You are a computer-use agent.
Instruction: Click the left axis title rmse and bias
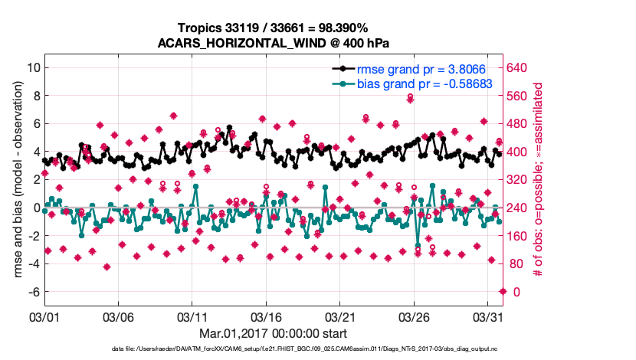17,180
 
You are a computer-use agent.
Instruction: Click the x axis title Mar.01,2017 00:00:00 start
273,333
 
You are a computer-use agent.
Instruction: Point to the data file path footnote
273,350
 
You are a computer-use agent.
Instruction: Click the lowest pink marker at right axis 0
503,291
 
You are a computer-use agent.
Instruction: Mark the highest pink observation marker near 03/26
411,97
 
